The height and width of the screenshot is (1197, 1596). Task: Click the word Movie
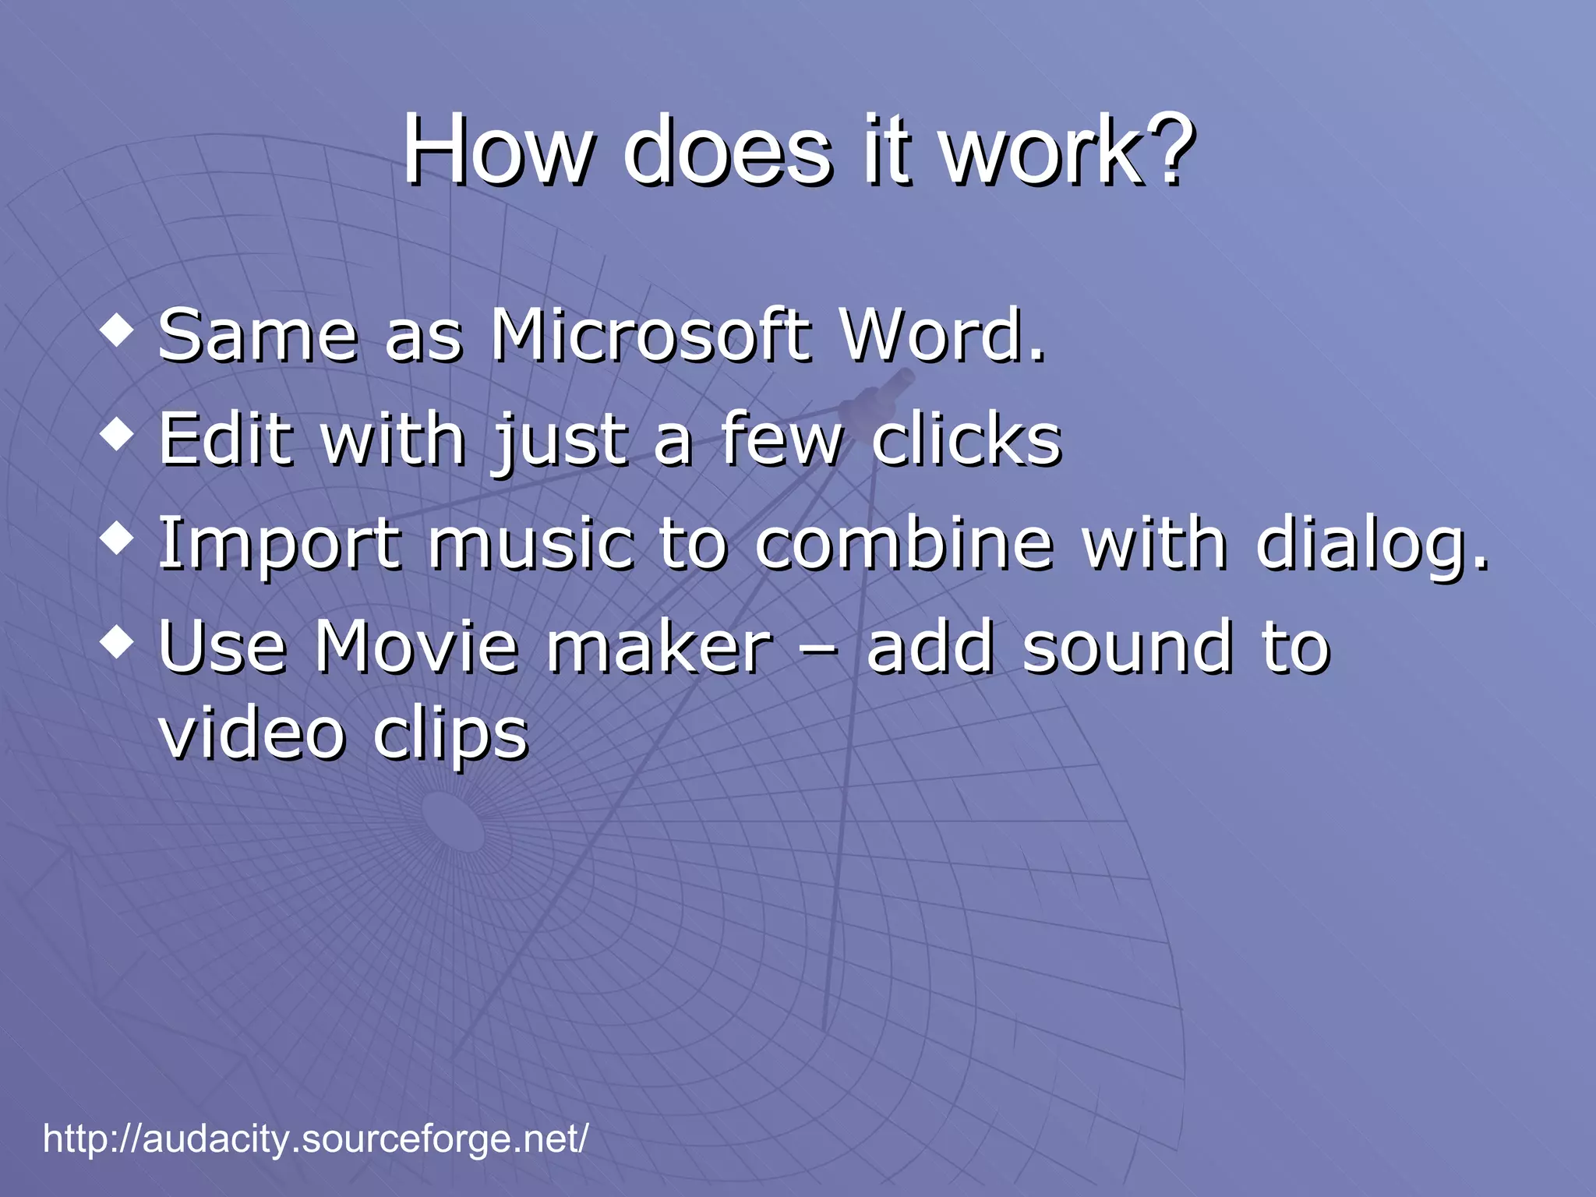[417, 647]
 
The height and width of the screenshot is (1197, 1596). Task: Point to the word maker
[659, 647]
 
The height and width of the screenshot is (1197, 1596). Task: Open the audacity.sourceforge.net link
[316, 1139]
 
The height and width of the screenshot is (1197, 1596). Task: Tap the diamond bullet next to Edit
[118, 434]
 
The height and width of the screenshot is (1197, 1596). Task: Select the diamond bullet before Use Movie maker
[118, 641]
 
